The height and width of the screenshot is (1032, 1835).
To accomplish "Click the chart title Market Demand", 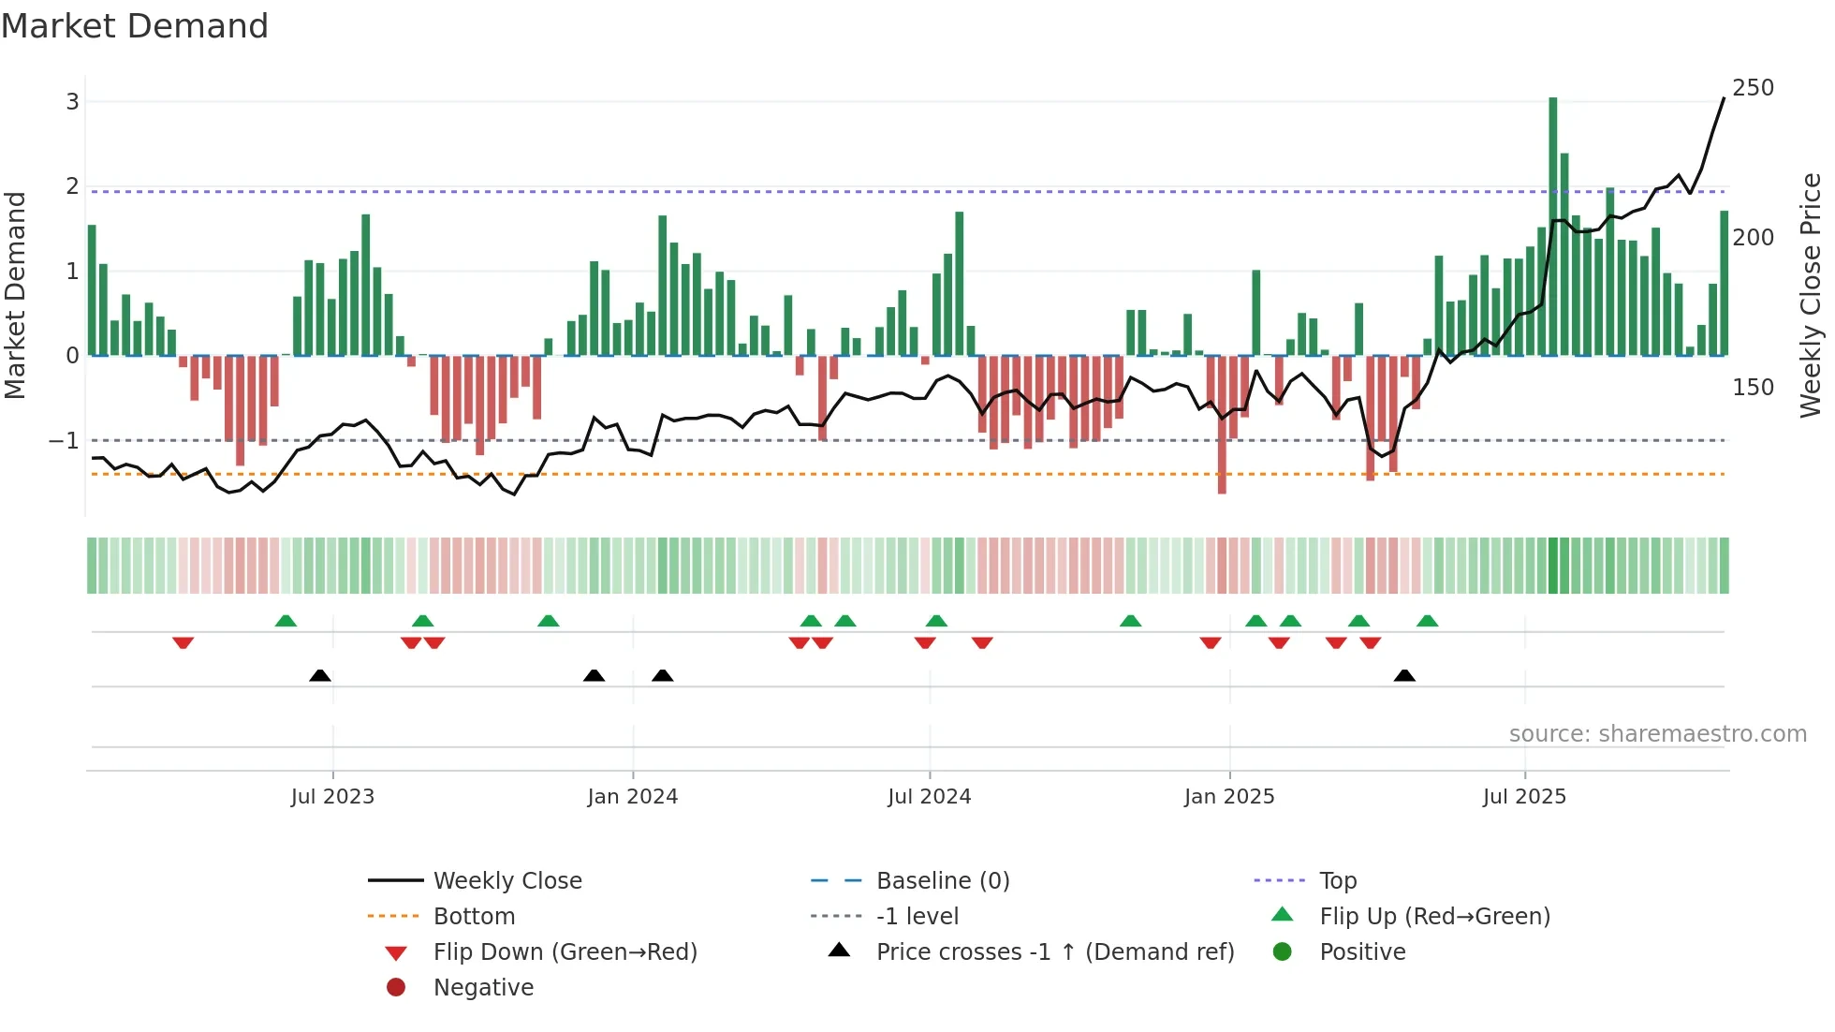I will point(135,26).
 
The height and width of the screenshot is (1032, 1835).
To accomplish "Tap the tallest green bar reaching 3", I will point(1552,225).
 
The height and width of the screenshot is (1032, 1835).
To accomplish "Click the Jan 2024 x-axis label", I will point(632,797).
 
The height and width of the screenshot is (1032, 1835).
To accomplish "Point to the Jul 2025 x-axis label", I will point(1523,797).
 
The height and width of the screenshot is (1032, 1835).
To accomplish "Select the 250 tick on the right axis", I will point(1753,88).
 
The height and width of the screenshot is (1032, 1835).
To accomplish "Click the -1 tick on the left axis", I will point(64,440).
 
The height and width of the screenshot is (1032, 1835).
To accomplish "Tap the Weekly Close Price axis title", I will point(1811,295).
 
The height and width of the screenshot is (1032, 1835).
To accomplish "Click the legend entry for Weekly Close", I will point(506,881).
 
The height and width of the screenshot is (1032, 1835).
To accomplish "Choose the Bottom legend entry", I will point(474,917).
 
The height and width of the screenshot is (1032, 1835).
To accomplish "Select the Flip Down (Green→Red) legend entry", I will point(565,952).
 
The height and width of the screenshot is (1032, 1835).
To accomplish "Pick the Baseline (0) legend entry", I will point(942,881).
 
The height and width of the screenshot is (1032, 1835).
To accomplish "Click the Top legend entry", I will point(1338,881).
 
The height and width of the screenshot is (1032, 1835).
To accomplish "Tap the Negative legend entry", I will point(483,988).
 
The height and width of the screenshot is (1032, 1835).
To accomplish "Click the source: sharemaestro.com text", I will point(1657,734).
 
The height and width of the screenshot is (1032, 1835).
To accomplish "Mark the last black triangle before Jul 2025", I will point(1403,675).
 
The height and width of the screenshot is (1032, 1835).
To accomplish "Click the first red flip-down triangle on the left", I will point(183,642).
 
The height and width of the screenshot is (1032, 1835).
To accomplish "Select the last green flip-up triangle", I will point(1427,621).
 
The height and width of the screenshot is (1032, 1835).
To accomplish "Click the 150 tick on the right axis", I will point(1753,388).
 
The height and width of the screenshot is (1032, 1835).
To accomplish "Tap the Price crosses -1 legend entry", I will point(1054,952).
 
